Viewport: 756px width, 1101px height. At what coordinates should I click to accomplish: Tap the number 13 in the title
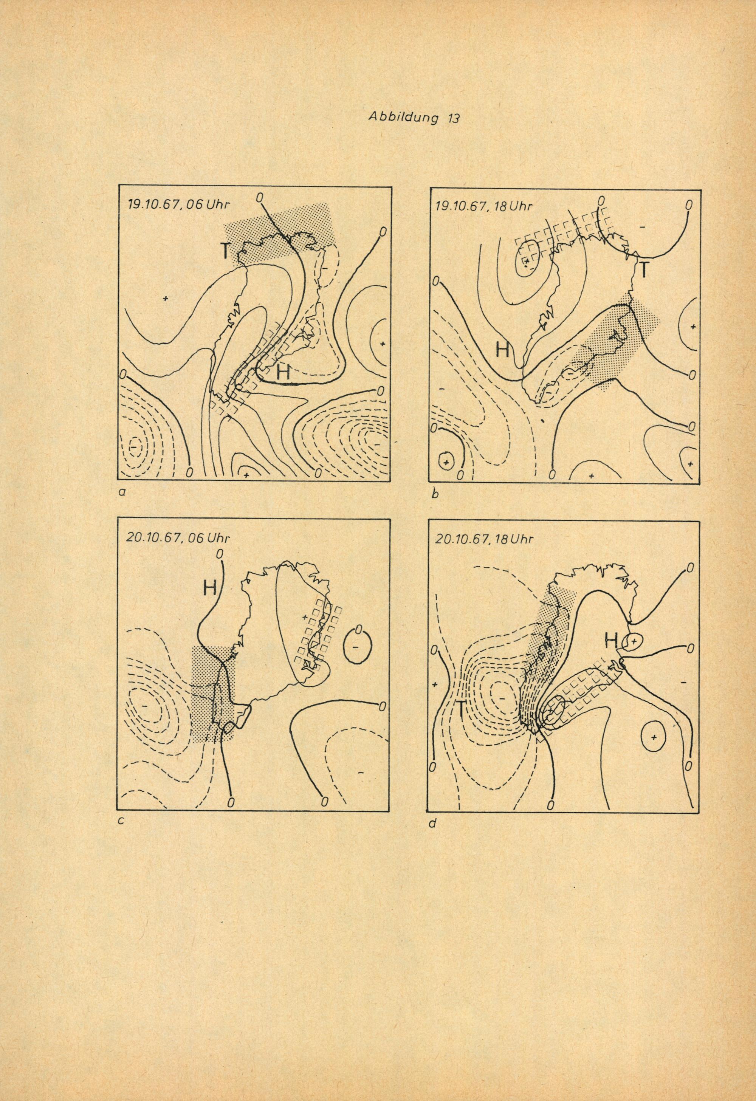pyautogui.click(x=453, y=118)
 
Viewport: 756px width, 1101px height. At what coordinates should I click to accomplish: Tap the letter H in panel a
pyautogui.click(x=283, y=373)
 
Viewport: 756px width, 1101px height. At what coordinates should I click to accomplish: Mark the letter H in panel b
pyautogui.click(x=503, y=349)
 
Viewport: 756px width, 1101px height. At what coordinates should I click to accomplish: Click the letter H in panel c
pyautogui.click(x=210, y=588)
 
